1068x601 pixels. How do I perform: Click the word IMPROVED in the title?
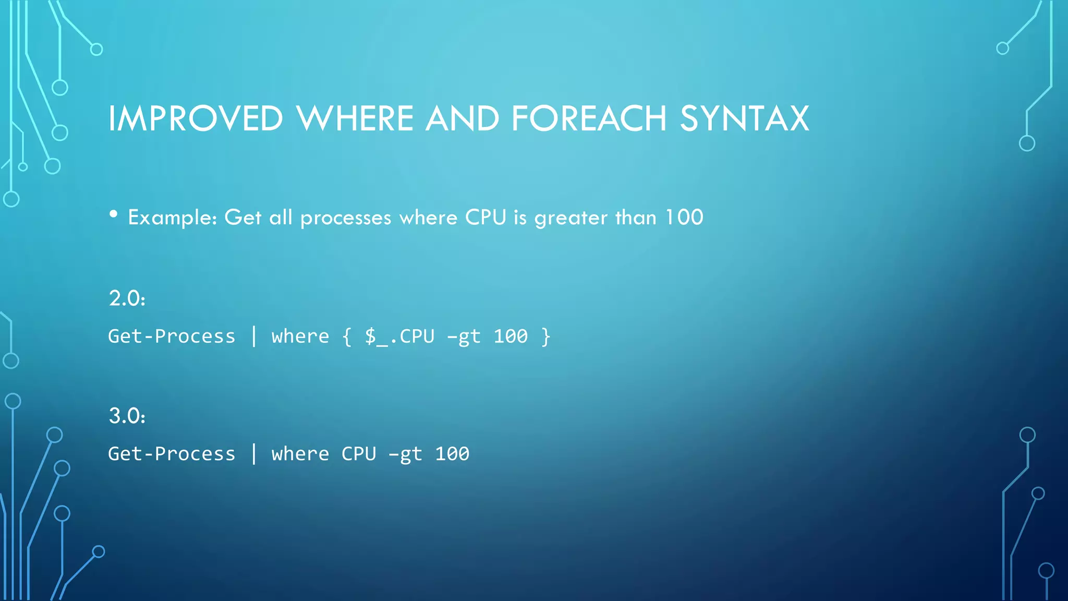pyautogui.click(x=196, y=118)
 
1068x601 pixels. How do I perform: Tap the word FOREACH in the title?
pyautogui.click(x=589, y=118)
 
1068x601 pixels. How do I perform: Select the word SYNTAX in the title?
pyautogui.click(x=744, y=118)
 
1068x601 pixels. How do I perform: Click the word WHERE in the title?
pyautogui.click(x=355, y=118)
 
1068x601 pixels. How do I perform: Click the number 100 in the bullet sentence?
pyautogui.click(x=684, y=217)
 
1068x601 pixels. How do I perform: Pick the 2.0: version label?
pyautogui.click(x=127, y=298)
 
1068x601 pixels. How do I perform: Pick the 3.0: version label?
pyautogui.click(x=127, y=416)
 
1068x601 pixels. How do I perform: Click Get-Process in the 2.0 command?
pyautogui.click(x=172, y=336)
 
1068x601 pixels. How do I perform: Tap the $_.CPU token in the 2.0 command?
pyautogui.click(x=399, y=336)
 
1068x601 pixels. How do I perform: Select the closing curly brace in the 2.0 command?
pyautogui.click(x=545, y=336)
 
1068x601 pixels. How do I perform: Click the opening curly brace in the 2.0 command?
pyautogui.click(x=347, y=336)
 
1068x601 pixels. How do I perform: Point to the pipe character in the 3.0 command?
pyautogui.click(x=254, y=453)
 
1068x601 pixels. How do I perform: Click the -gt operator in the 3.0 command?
pyautogui.click(x=405, y=454)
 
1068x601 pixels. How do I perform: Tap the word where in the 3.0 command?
pyautogui.click(x=300, y=454)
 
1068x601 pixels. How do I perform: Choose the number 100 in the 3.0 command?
pyautogui.click(x=452, y=454)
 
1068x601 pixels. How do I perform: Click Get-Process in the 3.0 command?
pyautogui.click(x=172, y=454)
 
